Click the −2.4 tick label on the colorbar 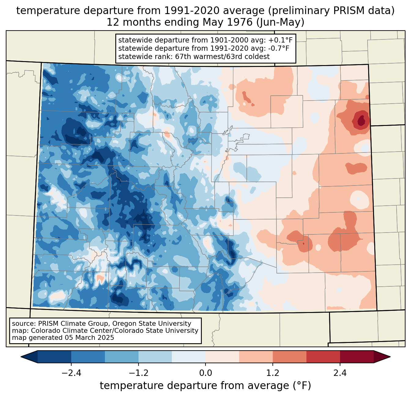coord(71,373)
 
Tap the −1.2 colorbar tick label coord(138,373)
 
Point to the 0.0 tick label coord(206,373)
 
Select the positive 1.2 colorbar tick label coord(273,373)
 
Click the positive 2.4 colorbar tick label coord(340,373)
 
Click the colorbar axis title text coord(206,386)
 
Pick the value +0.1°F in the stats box coord(280,40)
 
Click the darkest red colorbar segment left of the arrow coord(357,357)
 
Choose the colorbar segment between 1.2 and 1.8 coord(289,357)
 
